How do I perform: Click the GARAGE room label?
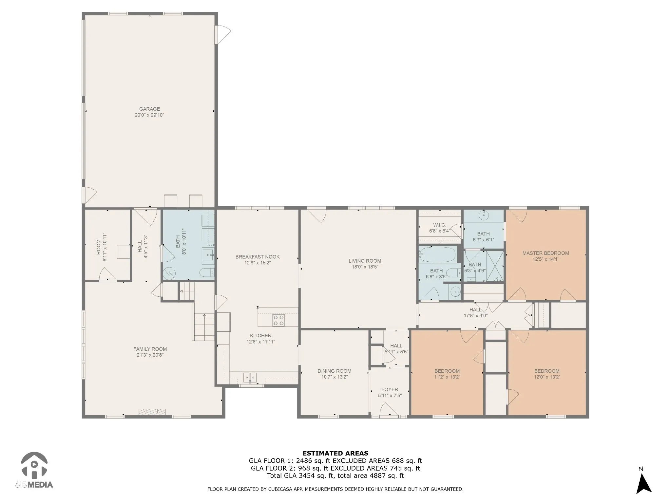(149, 109)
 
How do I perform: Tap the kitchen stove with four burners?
(278, 320)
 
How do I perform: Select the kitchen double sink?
(250, 378)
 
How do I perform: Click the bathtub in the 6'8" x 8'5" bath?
(437, 255)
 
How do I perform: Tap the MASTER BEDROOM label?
(546, 253)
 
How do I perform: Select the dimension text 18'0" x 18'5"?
(365, 267)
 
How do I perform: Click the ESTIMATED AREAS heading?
(335, 453)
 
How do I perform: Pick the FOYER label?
(390, 389)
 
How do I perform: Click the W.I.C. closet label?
(439, 225)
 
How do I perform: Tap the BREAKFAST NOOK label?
(258, 257)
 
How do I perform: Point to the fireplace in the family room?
(152, 412)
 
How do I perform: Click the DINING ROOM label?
(334, 371)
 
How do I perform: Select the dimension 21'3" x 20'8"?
(150, 355)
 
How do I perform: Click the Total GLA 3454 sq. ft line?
(335, 476)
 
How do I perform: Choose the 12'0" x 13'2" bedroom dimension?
(547, 377)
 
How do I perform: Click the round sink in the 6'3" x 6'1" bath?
(483, 215)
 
